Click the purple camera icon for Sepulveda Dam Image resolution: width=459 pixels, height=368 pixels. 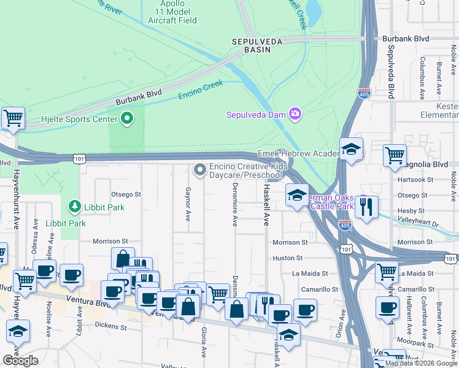click(295, 113)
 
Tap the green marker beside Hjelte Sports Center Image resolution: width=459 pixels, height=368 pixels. click(128, 118)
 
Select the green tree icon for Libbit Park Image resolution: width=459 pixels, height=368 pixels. click(74, 205)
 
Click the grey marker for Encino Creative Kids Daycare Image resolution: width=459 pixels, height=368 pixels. click(199, 169)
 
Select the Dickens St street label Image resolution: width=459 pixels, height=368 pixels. click(111, 328)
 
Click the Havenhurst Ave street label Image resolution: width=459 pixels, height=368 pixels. click(17, 196)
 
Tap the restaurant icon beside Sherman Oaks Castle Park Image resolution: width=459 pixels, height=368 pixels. click(366, 208)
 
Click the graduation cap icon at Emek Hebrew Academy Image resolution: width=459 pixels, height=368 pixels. click(351, 149)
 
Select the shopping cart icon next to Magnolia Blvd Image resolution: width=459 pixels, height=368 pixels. click(395, 155)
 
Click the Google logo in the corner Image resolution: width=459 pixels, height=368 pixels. click(20, 361)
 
